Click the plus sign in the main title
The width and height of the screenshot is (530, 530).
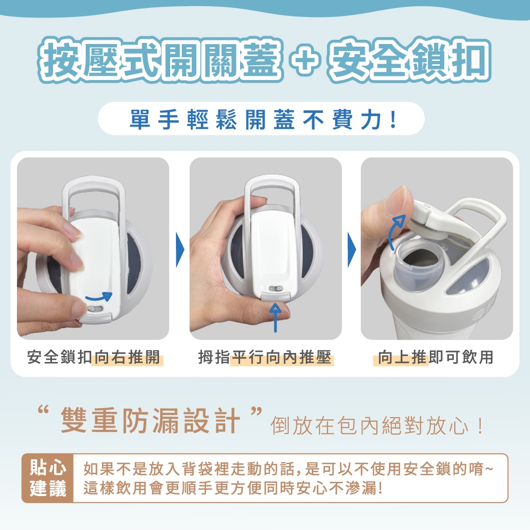tap(305, 60)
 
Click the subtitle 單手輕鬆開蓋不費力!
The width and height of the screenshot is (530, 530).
tap(263, 119)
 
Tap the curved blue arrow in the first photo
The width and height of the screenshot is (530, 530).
tap(99, 296)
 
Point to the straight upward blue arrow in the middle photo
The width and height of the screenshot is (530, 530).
tap(276, 317)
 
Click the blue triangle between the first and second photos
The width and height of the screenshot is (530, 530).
tap(180, 250)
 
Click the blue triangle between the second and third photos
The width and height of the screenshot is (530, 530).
tap(352, 250)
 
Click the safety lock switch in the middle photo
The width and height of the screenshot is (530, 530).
tap(276, 289)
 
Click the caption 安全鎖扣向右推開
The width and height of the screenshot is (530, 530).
tap(94, 357)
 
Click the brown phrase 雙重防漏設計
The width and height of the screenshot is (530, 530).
tap(150, 421)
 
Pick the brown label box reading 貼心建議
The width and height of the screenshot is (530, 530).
tap(48, 478)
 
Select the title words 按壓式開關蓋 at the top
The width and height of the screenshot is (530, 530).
tap(160, 60)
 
